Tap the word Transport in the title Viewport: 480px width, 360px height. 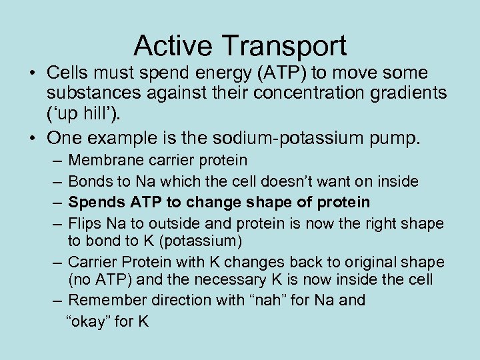coord(285,46)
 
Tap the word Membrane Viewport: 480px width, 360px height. coord(103,160)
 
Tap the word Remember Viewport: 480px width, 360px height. coord(103,300)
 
